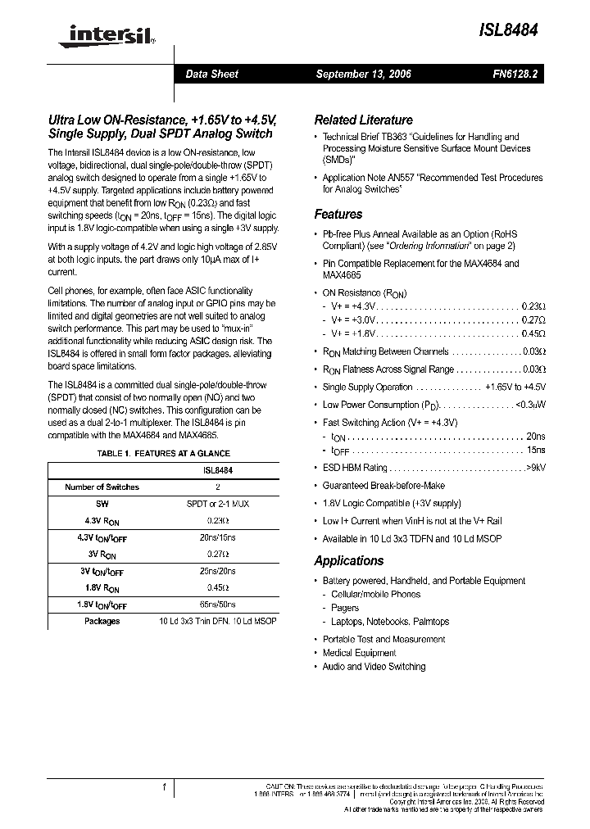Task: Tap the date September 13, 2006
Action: click(x=363, y=75)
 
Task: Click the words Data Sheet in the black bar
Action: click(x=211, y=75)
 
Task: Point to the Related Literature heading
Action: click(x=363, y=119)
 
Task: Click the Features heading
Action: click(x=338, y=215)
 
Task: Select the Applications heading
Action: click(x=348, y=561)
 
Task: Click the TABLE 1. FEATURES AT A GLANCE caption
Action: click(x=163, y=453)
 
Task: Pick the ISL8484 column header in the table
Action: click(x=217, y=471)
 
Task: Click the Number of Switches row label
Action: click(x=102, y=487)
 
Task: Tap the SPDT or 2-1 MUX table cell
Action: click(x=217, y=504)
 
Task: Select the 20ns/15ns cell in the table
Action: click(x=217, y=537)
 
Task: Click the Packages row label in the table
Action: click(x=102, y=621)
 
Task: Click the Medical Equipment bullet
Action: click(x=359, y=653)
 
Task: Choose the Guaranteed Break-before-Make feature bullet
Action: click(x=383, y=486)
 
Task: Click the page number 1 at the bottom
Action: click(x=165, y=787)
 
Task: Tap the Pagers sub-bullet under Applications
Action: click(x=344, y=608)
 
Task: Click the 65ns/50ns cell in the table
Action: click(x=217, y=605)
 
